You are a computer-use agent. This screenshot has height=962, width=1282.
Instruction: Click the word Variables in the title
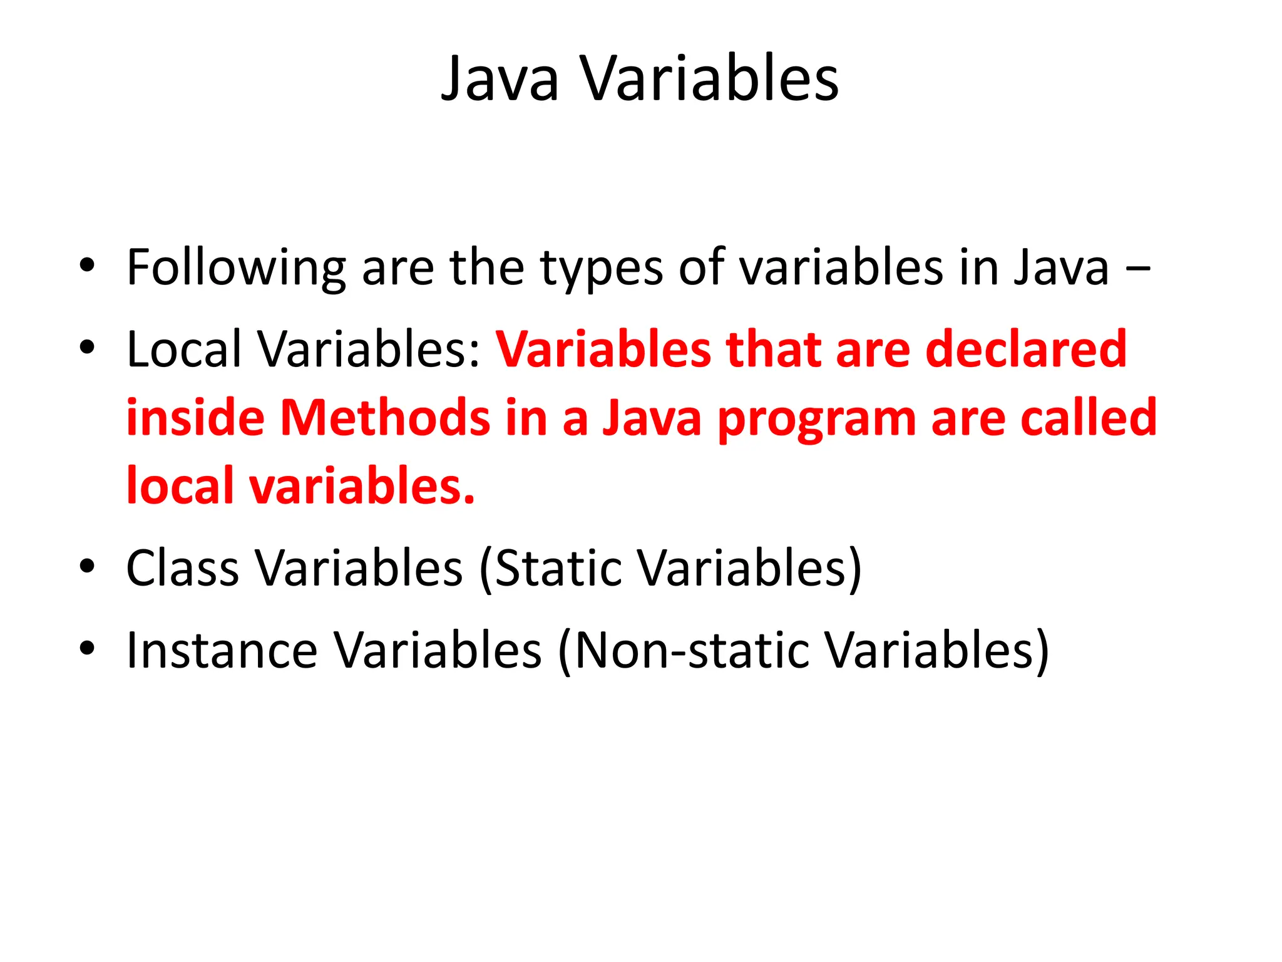tap(710, 80)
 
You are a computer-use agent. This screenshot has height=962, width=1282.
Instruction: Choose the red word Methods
tap(384, 418)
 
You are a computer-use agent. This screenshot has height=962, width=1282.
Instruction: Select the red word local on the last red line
tap(180, 486)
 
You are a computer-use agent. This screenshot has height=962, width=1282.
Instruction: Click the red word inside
tap(195, 418)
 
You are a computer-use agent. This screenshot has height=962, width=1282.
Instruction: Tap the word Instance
tap(222, 651)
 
